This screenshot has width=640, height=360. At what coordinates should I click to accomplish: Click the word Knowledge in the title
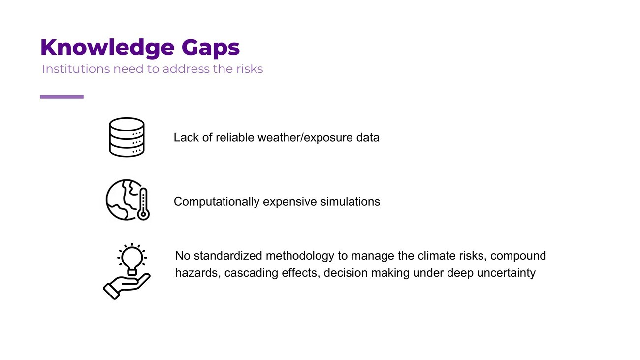(107, 47)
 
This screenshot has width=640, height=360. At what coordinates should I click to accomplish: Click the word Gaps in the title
(211, 47)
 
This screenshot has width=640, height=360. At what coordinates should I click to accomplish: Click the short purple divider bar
(62, 97)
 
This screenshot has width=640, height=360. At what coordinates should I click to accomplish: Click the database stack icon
(127, 137)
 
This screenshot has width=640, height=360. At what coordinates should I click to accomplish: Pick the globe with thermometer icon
(128, 200)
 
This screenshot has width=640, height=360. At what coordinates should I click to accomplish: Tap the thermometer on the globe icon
(143, 204)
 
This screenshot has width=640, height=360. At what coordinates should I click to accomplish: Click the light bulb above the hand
(132, 259)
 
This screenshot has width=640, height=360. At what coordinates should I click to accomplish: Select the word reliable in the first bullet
(235, 137)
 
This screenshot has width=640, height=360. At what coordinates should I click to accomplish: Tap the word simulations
(350, 202)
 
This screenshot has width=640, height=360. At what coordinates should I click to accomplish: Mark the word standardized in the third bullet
(228, 256)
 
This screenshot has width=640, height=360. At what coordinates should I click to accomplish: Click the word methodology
(300, 256)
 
